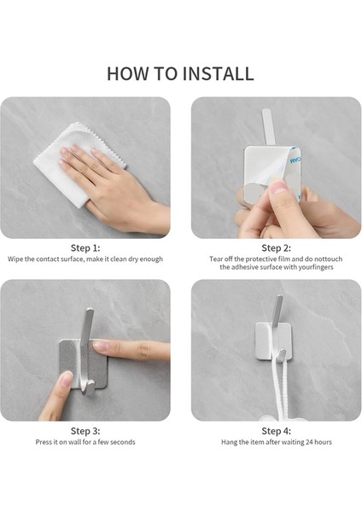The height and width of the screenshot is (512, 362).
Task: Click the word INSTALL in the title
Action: [219, 73]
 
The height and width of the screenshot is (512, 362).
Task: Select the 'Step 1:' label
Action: [85, 248]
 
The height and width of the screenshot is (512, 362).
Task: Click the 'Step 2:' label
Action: [276, 248]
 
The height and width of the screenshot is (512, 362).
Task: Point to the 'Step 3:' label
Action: [85, 431]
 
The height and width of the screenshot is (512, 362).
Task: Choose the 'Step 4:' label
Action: [276, 431]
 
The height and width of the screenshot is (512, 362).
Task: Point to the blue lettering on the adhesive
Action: [295, 160]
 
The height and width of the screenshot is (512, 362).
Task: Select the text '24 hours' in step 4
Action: [318, 442]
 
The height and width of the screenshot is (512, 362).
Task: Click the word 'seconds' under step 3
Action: [123, 442]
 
